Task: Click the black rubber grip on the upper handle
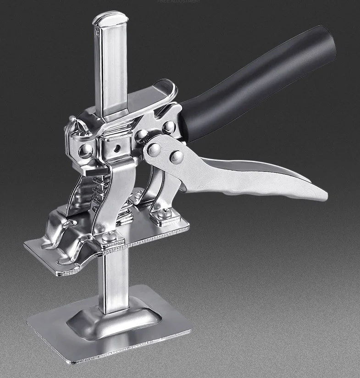(257, 83)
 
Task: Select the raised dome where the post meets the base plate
(115, 317)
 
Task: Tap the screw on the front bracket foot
(108, 237)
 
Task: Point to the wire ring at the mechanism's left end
(73, 124)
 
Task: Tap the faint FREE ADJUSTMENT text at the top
(179, 2)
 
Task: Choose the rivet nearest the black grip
(169, 126)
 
